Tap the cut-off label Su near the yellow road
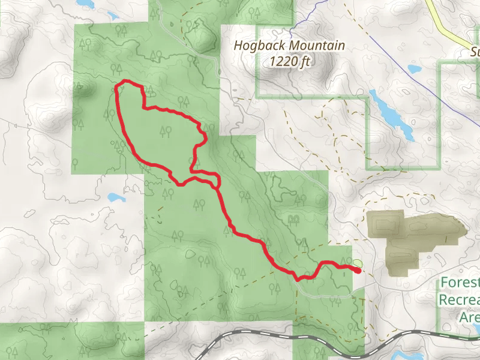475,52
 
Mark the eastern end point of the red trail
358,271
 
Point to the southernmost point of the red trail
299,279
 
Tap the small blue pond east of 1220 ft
415,68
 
